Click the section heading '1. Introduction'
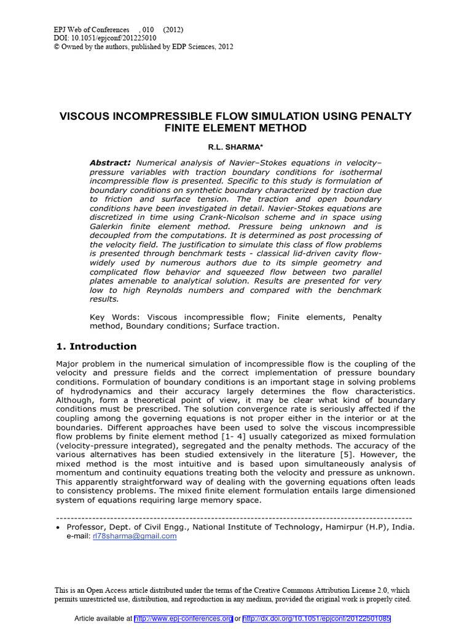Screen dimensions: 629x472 tap(96, 346)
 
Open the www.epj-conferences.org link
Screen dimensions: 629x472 tap(183, 618)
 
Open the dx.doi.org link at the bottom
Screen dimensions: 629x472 tap(317, 618)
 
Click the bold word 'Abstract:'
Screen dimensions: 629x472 tap(111, 162)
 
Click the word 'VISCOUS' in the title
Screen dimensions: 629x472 tap(85, 116)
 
